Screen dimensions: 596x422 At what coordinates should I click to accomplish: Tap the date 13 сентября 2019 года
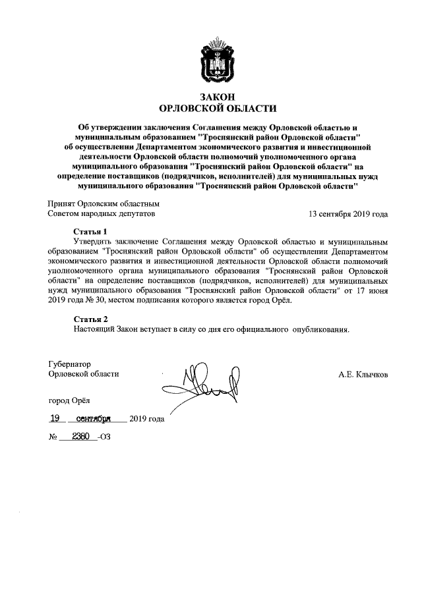pyautogui.click(x=348, y=214)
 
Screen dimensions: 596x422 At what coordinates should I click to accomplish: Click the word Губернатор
pyautogui.click(x=69, y=364)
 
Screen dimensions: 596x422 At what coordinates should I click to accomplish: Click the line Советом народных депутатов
pyautogui.click(x=102, y=214)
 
